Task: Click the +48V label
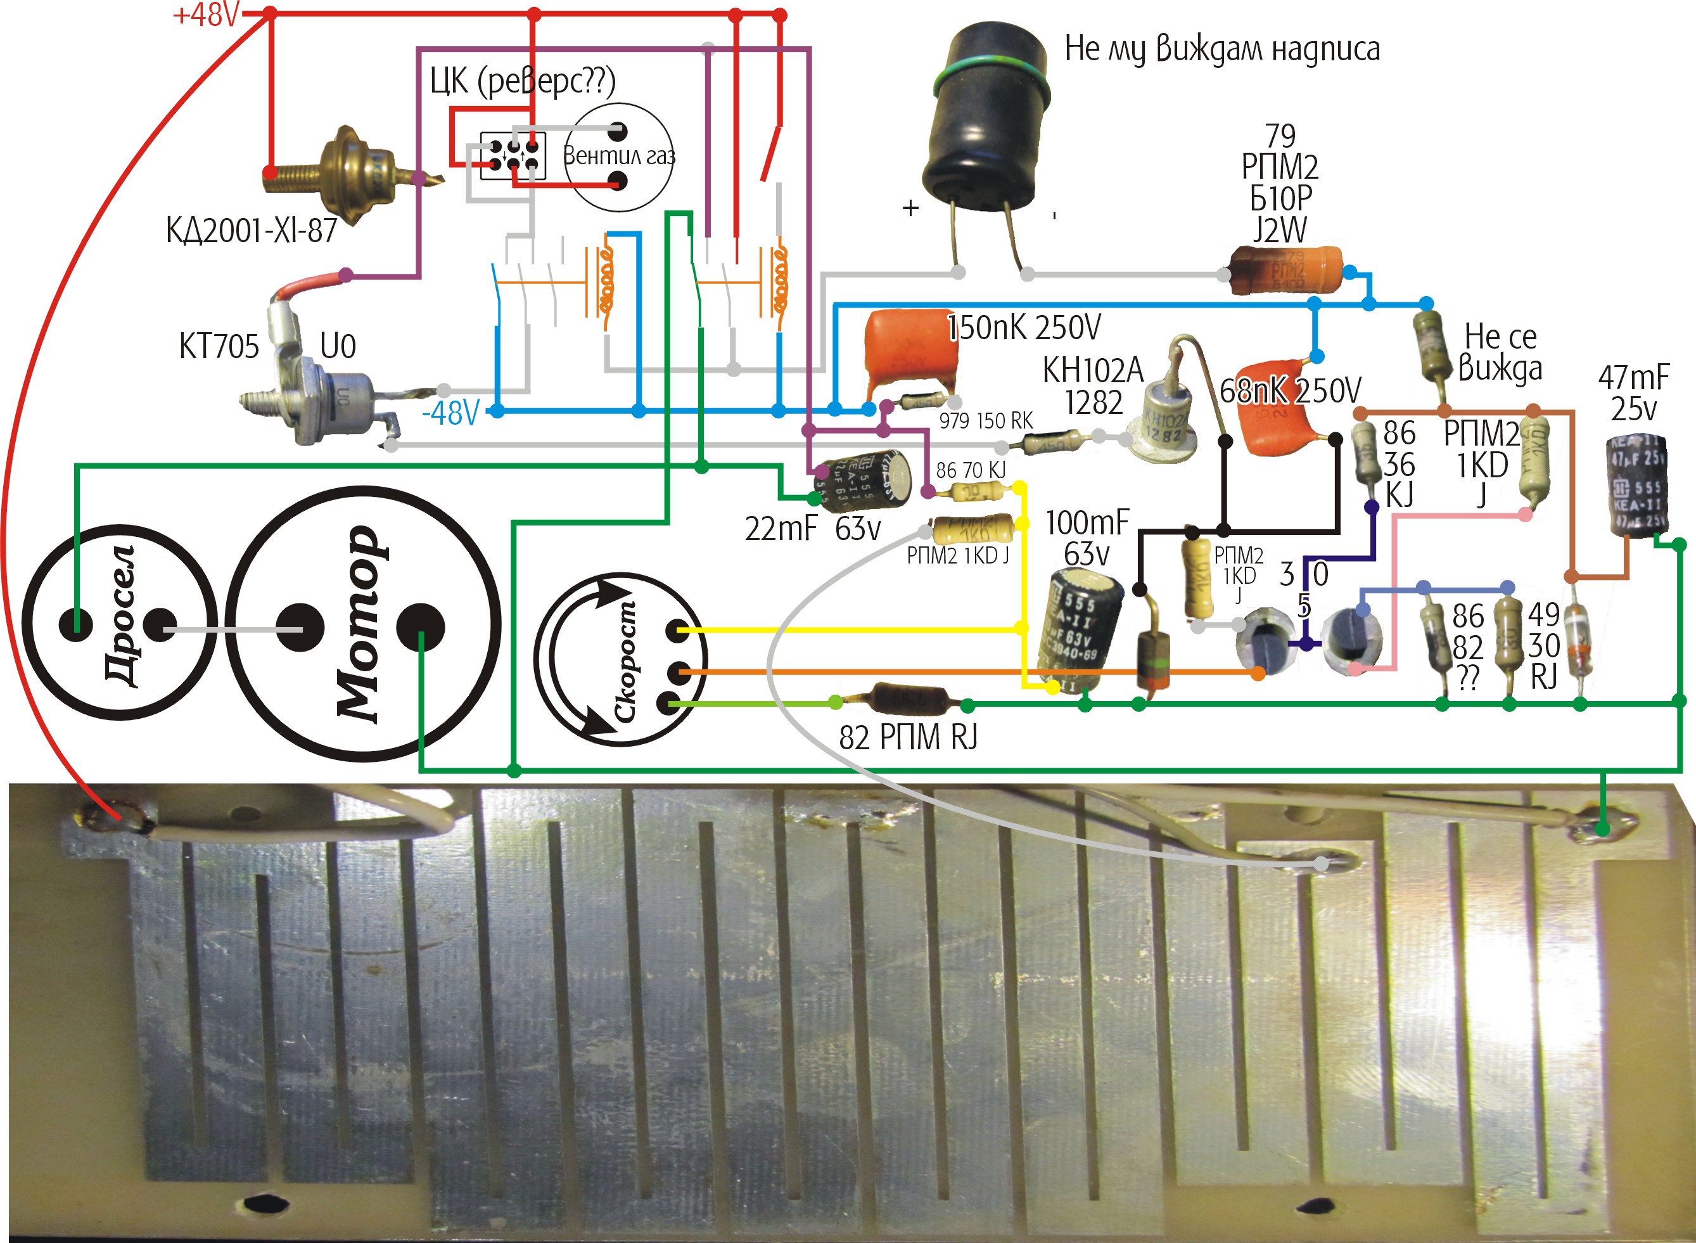pyautogui.click(x=205, y=15)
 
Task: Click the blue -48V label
pyautogui.click(x=450, y=413)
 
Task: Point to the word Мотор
pyautogui.click(x=359, y=624)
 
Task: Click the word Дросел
pyautogui.click(x=120, y=615)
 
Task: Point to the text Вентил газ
pyautogui.click(x=619, y=156)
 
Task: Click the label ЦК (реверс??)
pyautogui.click(x=523, y=81)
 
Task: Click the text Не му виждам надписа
pyautogui.click(x=1222, y=49)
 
